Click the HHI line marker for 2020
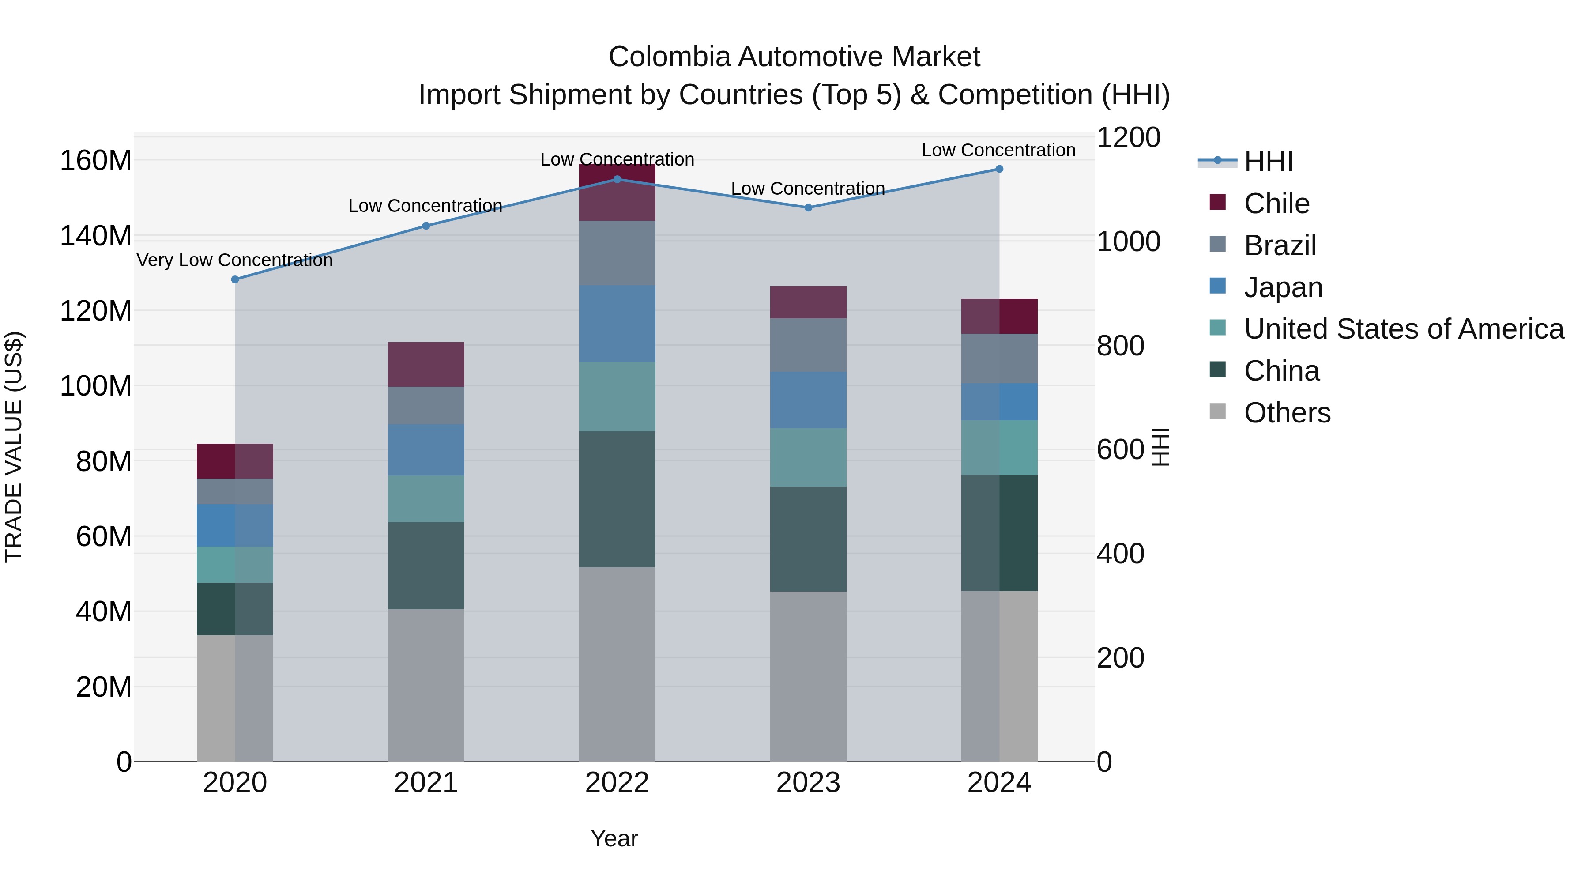click(235, 279)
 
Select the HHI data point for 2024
click(999, 169)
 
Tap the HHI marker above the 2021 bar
click(425, 226)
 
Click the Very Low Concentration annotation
click(234, 260)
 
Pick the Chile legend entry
click(1276, 204)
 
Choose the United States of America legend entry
click(1403, 329)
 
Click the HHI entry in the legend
click(1268, 162)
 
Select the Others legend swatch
click(1218, 411)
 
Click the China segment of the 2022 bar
click(617, 499)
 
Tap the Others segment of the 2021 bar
click(425, 685)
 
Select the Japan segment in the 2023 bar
click(808, 400)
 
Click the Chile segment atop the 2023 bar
click(808, 302)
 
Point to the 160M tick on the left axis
click(96, 161)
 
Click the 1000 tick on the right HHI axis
click(1128, 242)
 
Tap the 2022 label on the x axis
click(617, 783)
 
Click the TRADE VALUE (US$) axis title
click(14, 447)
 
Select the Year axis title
click(614, 838)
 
